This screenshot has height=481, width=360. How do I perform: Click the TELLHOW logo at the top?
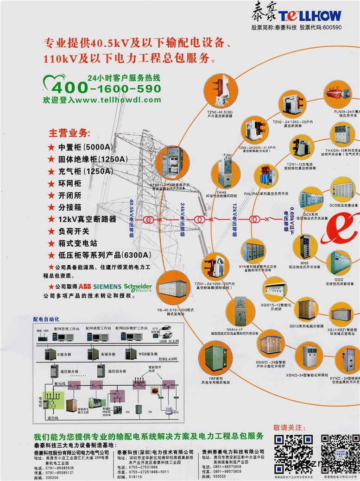click(x=297, y=14)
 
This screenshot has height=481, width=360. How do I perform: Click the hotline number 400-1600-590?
click(x=106, y=88)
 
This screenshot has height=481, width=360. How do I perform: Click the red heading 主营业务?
click(x=69, y=133)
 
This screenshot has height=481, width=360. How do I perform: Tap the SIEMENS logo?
click(x=109, y=287)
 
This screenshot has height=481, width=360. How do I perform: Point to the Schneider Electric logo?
click(x=138, y=287)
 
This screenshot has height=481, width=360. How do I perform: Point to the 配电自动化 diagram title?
click(x=46, y=319)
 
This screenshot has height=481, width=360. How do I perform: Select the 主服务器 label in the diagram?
click(x=63, y=355)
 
